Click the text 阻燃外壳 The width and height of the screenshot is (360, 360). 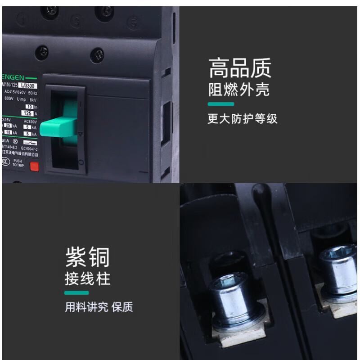tap(238, 90)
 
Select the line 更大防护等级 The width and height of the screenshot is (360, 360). tap(243, 119)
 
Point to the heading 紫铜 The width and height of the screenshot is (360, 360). tap(87, 258)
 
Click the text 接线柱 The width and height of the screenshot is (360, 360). tap(87, 279)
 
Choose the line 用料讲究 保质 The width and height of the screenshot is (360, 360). tap(99, 307)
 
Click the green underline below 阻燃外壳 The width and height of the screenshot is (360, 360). tap(220, 104)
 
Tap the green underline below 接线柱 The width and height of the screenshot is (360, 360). tap(76, 293)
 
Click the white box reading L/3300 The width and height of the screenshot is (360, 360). tap(30, 85)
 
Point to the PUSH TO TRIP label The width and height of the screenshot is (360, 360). tap(18, 163)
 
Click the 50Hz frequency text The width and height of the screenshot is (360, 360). tap(32, 92)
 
